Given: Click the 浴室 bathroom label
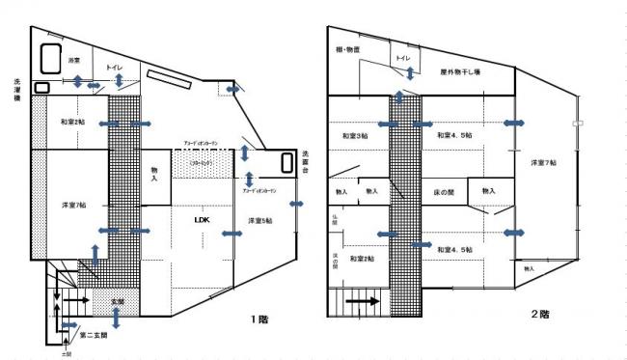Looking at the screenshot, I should point(74,61).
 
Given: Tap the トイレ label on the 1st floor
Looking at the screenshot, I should point(115,68).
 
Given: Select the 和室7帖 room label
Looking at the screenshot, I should point(71,123).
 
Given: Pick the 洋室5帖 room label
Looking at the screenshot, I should point(259,221).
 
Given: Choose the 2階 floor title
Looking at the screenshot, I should point(540,316).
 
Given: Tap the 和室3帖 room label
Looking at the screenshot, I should point(355,136).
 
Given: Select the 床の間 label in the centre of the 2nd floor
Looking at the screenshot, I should point(443,193).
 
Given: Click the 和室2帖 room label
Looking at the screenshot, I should point(362,258).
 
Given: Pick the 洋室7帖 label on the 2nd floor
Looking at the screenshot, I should point(544,163).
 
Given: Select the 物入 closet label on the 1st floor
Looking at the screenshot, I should point(155,175).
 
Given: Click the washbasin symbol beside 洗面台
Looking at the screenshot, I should point(286,163).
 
